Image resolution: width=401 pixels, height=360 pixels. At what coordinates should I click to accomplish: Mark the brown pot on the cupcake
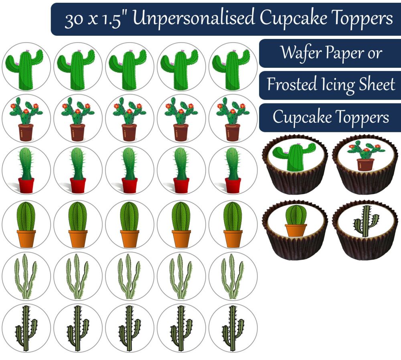pos(365,165)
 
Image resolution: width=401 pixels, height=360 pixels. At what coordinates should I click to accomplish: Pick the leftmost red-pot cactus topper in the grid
pos(26,172)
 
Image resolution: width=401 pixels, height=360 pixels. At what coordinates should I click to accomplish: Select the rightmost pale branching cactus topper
pos(233,276)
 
